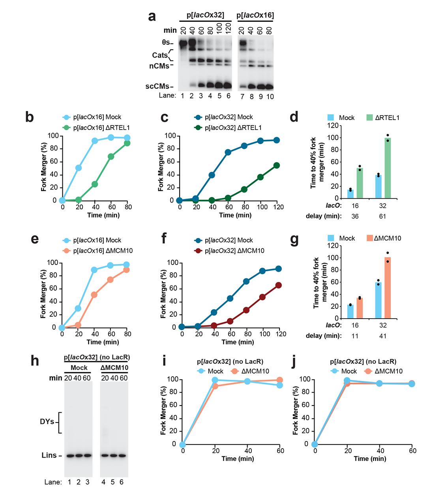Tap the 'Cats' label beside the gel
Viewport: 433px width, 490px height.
coord(160,55)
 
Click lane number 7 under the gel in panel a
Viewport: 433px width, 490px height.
coord(241,96)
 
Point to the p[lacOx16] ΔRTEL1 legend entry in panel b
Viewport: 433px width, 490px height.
coord(92,128)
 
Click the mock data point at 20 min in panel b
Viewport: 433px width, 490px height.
coord(79,168)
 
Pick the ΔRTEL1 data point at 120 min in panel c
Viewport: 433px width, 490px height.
coord(276,165)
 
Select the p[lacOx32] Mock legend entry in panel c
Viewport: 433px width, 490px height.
coord(224,117)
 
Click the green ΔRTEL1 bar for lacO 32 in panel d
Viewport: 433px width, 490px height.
coord(388,168)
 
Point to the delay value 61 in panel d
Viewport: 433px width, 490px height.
coord(382,216)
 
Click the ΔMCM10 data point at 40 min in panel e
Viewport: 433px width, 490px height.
coord(94,295)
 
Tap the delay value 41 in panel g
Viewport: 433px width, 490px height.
coord(382,336)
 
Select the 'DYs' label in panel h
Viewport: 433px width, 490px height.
coord(47,422)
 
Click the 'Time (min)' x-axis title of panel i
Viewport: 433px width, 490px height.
coord(238,458)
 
